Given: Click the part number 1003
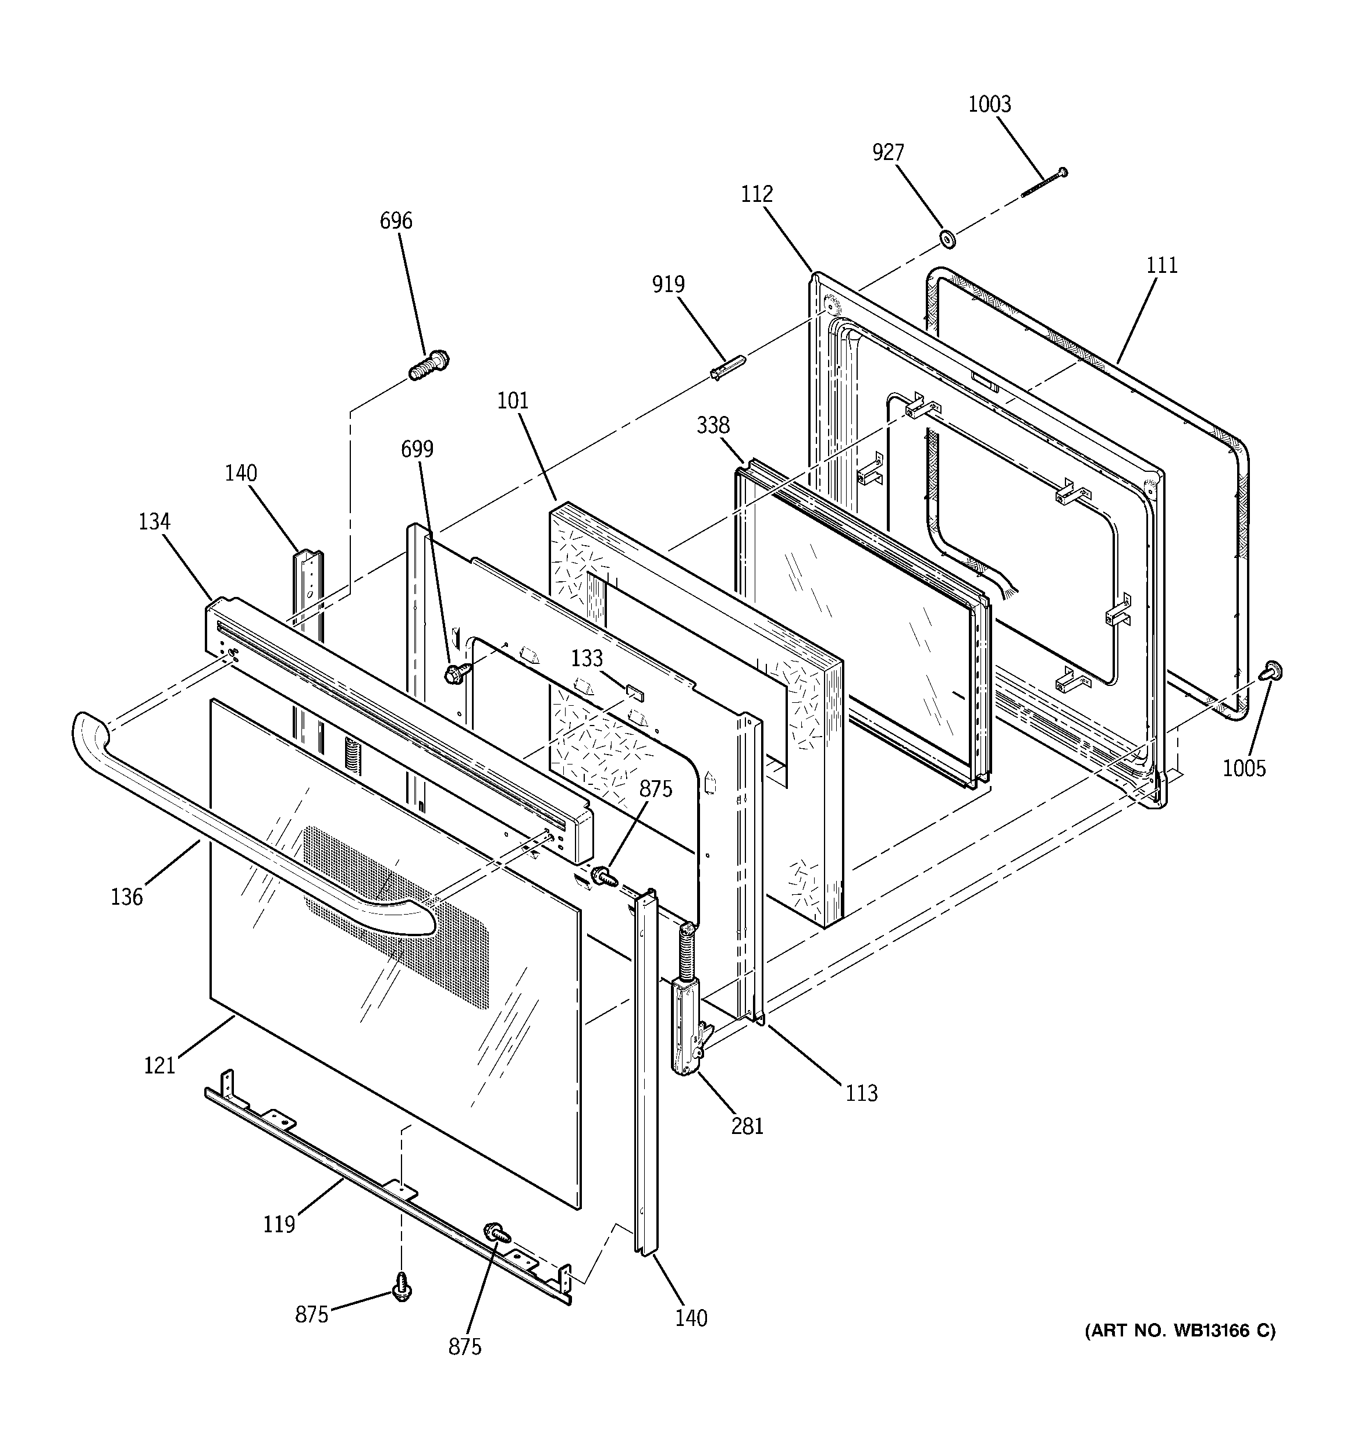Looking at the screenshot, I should coord(989,104).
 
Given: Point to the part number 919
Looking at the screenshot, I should coord(667,284).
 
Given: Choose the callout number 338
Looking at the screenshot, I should coord(713,425).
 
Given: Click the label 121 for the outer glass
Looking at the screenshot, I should coord(159,1065).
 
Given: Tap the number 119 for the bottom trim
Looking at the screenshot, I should coord(279,1225).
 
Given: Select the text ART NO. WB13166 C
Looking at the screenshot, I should coord(1180,1331).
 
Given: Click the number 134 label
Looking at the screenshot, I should coord(154,521).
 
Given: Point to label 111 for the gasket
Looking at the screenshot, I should coord(1161,266).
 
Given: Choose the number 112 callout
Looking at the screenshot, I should coord(756,194).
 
